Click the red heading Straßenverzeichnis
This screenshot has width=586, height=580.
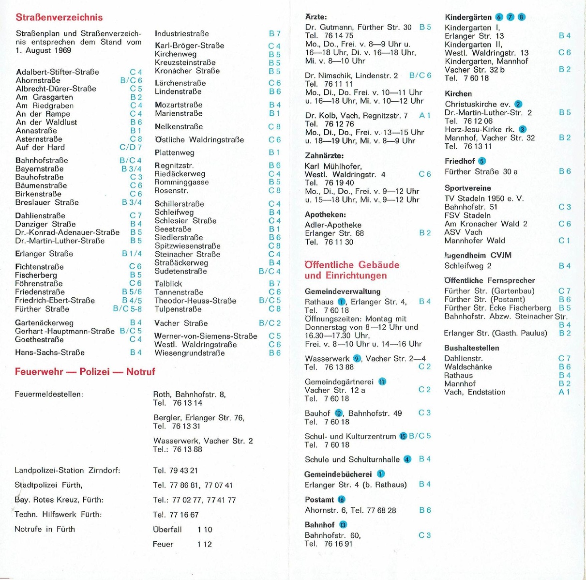click(x=59, y=17)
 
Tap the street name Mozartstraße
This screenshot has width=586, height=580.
click(x=179, y=105)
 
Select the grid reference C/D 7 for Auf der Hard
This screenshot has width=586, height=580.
click(x=131, y=147)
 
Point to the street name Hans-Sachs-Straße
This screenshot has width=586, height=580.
click(x=50, y=352)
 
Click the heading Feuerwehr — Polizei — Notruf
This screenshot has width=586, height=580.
click(x=85, y=372)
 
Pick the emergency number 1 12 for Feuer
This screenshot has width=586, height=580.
click(x=204, y=544)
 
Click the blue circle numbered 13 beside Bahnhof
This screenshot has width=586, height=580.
click(x=343, y=525)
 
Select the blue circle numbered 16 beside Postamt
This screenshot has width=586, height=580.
click(x=342, y=500)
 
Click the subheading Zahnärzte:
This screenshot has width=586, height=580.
click(x=324, y=156)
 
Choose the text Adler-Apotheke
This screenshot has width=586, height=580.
click(x=333, y=225)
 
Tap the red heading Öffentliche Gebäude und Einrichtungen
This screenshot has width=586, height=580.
click(x=352, y=270)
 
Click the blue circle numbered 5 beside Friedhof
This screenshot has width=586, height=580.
click(x=481, y=161)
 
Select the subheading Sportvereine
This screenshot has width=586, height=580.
click(x=467, y=188)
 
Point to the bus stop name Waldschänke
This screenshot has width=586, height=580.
click(x=468, y=367)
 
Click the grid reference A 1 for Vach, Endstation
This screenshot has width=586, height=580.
click(x=564, y=392)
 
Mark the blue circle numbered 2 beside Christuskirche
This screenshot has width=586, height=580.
click(x=518, y=104)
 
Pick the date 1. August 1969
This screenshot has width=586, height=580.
click(x=44, y=50)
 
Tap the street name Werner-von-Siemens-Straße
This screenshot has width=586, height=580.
click(x=206, y=336)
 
